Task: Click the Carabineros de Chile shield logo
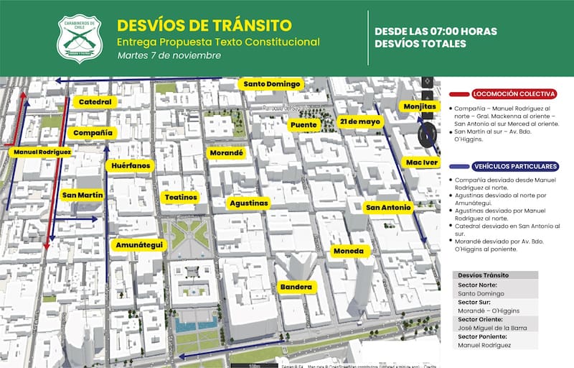click(80, 39)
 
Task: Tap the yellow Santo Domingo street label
click(270, 84)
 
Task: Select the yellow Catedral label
click(95, 103)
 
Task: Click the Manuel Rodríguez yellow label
click(42, 152)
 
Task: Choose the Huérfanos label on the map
click(131, 166)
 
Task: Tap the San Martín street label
click(83, 195)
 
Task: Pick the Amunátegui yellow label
click(138, 245)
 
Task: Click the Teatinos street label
click(181, 197)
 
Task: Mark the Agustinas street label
click(248, 203)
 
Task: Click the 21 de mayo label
click(360, 121)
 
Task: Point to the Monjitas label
click(420, 106)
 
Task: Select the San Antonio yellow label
click(388, 208)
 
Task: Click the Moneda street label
click(351, 252)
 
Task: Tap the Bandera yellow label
click(296, 287)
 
